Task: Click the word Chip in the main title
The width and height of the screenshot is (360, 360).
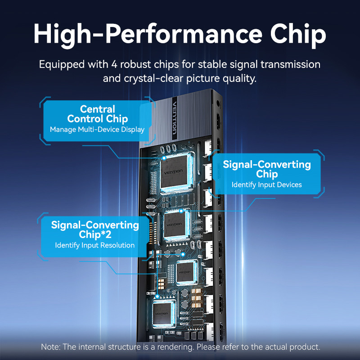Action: point(298,35)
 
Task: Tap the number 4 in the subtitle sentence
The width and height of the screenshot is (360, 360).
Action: point(114,64)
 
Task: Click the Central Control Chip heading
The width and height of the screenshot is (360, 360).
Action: point(97,114)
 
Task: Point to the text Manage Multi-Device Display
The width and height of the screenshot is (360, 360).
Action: point(97,130)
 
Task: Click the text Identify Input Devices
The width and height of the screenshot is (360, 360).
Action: point(266,185)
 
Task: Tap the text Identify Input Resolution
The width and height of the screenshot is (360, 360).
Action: point(94,245)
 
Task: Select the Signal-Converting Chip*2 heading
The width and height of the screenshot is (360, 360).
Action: point(95,230)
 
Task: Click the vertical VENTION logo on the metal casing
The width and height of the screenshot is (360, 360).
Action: point(175,118)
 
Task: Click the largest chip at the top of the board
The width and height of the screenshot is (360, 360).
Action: point(175,172)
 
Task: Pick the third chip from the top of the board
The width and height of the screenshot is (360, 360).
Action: point(186,273)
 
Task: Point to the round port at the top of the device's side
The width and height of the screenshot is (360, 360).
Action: point(218,103)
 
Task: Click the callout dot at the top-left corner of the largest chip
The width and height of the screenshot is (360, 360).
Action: point(164,158)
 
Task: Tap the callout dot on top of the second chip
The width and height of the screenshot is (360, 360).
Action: point(181,211)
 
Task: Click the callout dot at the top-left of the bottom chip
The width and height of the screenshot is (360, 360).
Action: point(157,297)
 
